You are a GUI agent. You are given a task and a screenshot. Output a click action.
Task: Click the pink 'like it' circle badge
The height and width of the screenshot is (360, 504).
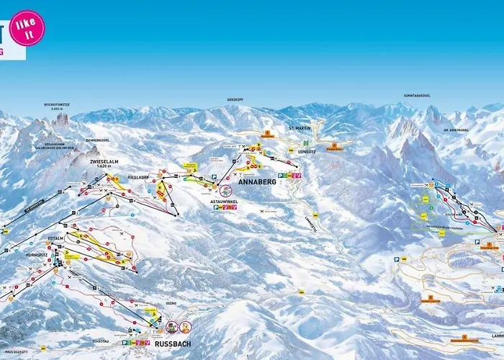tap(27, 28)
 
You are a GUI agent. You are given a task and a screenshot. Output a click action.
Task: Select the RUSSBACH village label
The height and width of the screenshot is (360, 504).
tap(173, 344)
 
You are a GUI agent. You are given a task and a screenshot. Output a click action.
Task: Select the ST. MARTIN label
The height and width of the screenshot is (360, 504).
tap(298, 128)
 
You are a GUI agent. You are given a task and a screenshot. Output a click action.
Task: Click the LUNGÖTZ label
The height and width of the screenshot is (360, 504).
tap(306, 152)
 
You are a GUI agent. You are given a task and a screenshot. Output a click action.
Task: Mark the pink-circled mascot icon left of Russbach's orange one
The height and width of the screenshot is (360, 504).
tap(171, 327)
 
